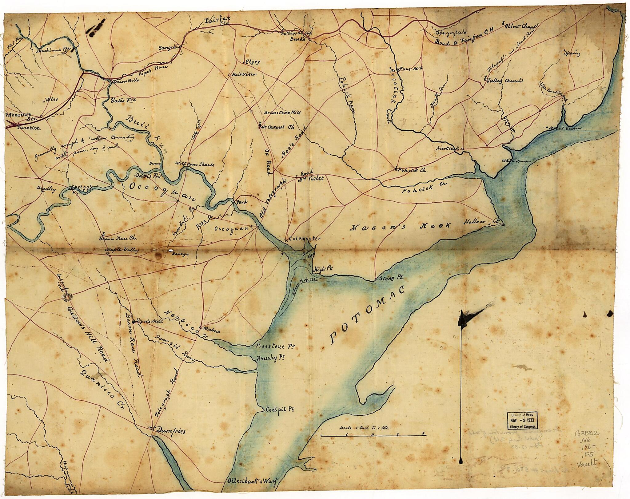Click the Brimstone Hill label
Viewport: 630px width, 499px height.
(x=282, y=113)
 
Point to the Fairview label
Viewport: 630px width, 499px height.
(x=244, y=75)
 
